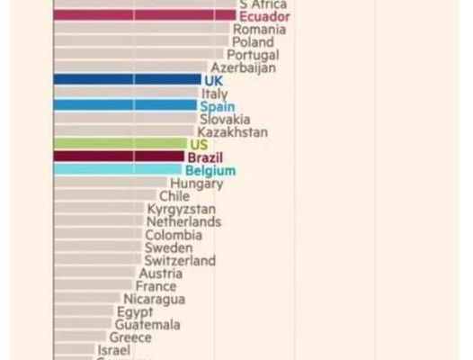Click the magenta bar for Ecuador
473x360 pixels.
click(144, 15)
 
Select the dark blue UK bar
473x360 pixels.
click(127, 79)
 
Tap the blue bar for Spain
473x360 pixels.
click(125, 105)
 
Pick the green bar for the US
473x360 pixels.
click(120, 144)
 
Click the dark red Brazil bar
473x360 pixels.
click(119, 157)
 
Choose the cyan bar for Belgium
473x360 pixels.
click(118, 170)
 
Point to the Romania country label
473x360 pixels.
click(260, 29)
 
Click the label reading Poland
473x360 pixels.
click(253, 41)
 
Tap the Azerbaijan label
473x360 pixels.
click(243, 67)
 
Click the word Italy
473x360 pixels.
click(215, 93)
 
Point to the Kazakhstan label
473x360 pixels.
click(232, 131)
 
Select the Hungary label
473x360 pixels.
click(197, 184)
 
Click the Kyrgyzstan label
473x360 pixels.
click(182, 209)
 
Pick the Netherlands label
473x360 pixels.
click(183, 221)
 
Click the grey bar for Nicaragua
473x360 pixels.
click(87, 299)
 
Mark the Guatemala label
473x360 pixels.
click(147, 325)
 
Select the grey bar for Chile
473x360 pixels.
click(104, 195)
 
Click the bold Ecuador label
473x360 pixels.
click(264, 15)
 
